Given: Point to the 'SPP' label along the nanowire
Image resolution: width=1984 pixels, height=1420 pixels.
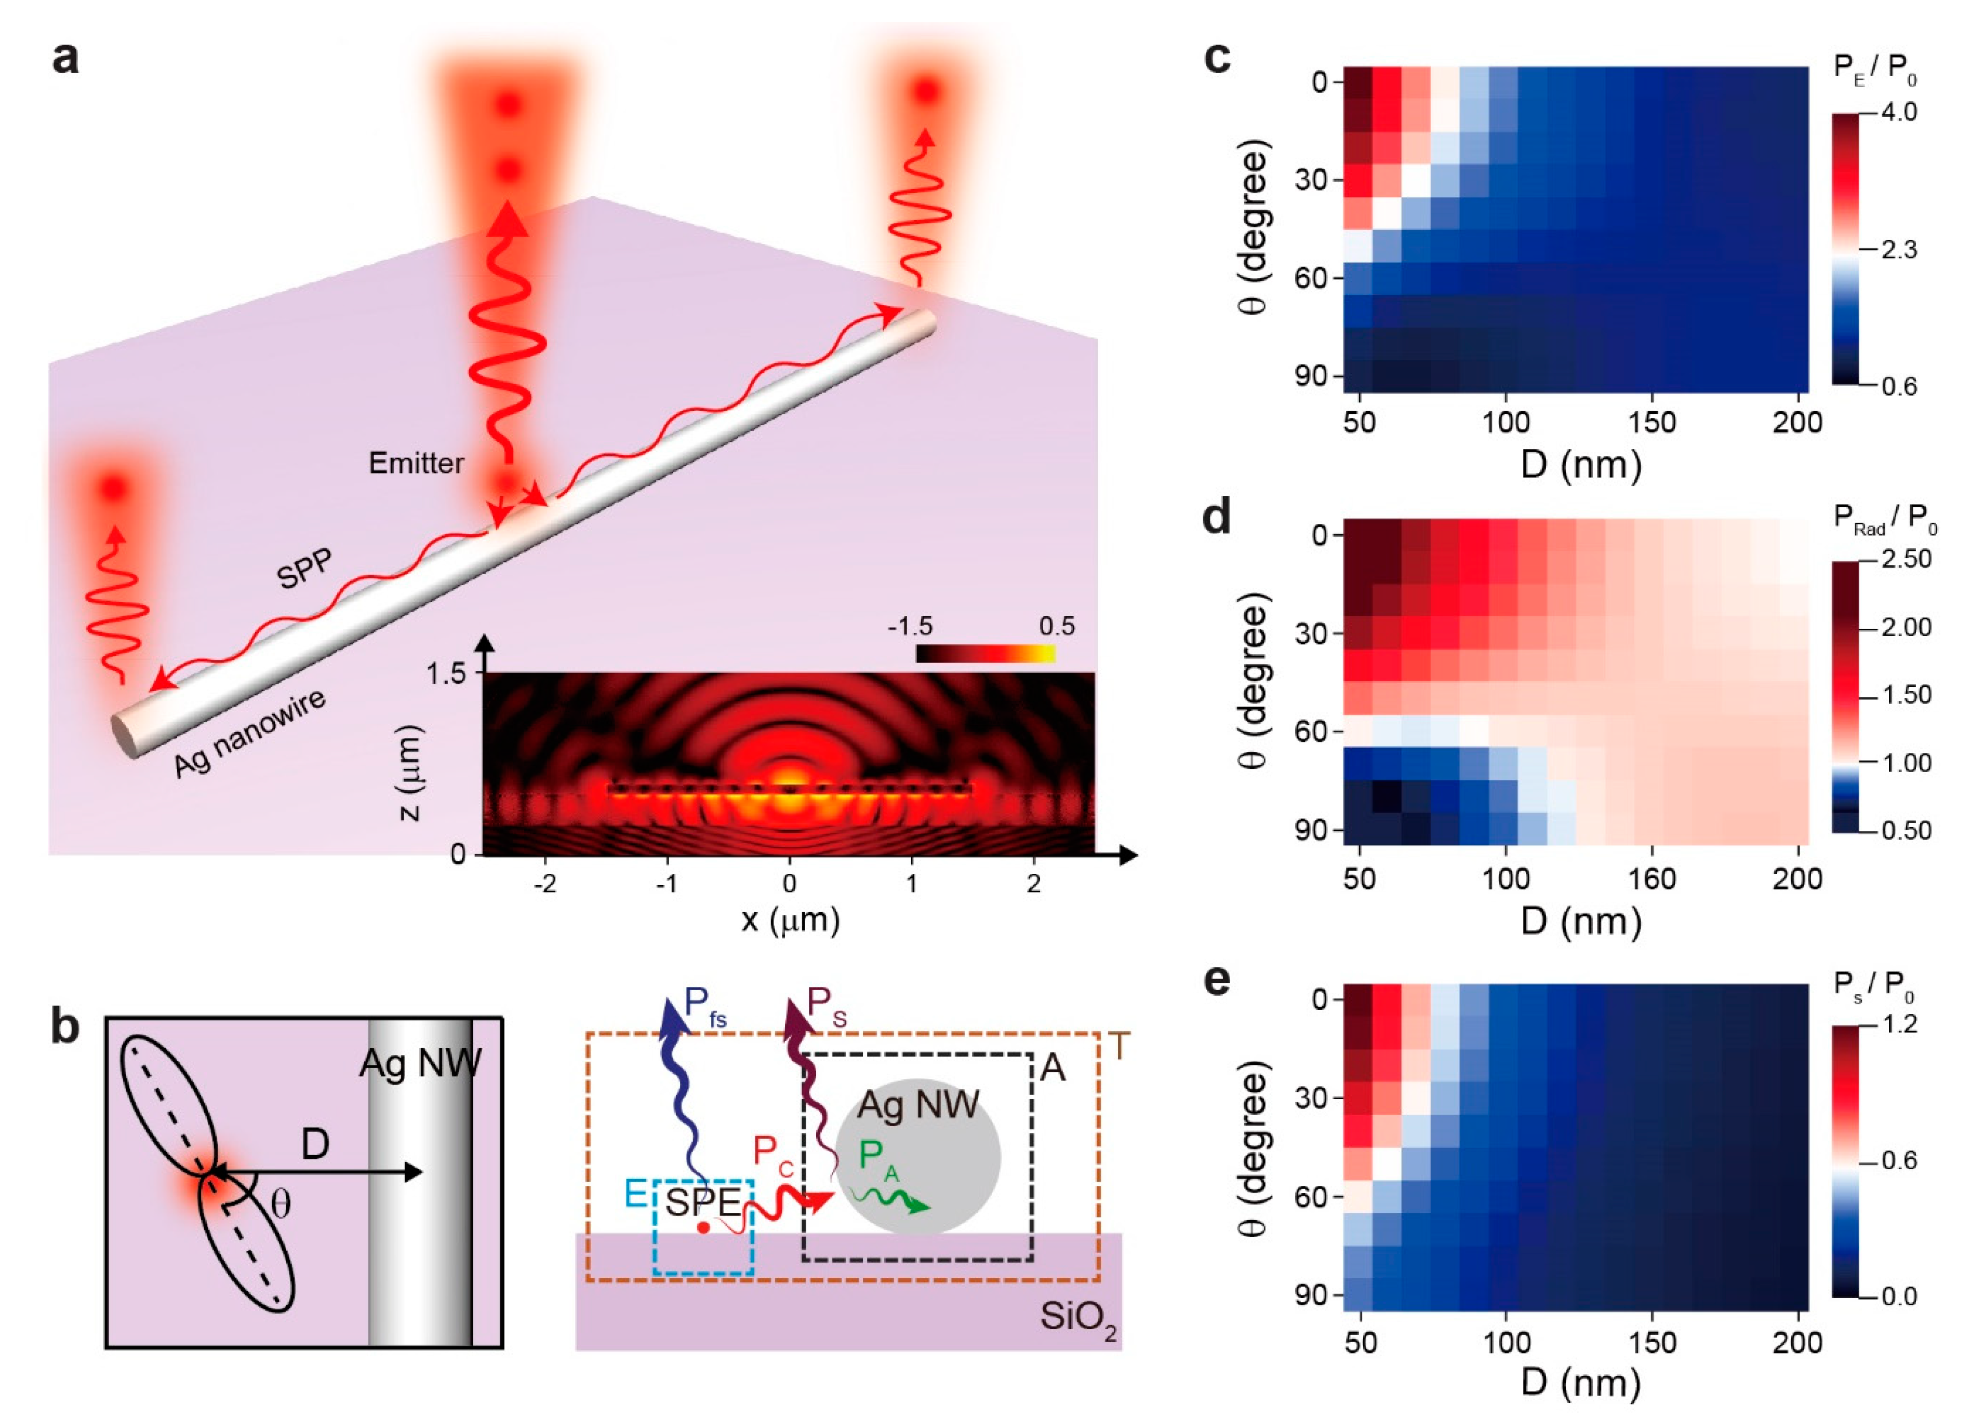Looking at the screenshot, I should [304, 569].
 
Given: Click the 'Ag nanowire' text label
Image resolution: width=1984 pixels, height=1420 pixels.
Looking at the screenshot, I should [249, 732].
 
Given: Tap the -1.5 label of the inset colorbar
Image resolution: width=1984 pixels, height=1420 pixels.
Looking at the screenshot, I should [910, 626].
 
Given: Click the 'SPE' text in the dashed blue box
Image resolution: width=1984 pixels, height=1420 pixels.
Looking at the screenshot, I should [702, 1202].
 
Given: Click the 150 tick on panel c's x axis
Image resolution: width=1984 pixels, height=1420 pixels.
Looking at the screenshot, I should [1652, 422].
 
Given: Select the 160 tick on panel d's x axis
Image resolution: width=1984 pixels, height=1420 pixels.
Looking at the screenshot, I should [1652, 879].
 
